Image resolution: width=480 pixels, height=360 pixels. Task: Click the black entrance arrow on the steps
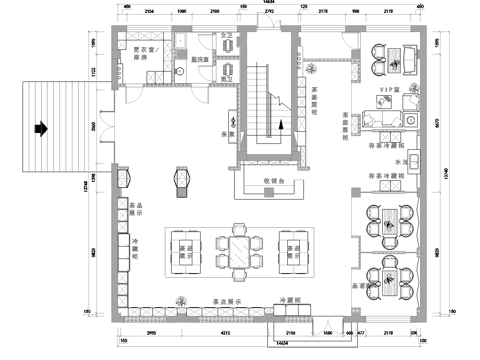[x=41, y=127]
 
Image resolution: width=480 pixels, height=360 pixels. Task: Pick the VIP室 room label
[x=389, y=90]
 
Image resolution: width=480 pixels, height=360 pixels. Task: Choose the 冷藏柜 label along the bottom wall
[x=290, y=299]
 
